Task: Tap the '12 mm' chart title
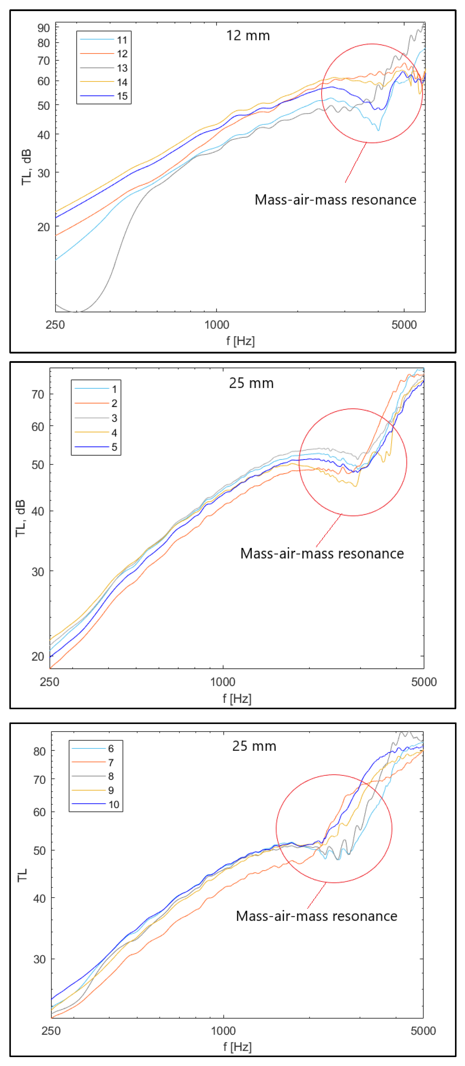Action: pyautogui.click(x=248, y=36)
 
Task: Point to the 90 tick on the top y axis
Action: pyautogui.click(x=44, y=28)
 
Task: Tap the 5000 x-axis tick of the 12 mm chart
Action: pyautogui.click(x=404, y=325)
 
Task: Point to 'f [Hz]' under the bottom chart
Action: pyautogui.click(x=237, y=1047)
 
